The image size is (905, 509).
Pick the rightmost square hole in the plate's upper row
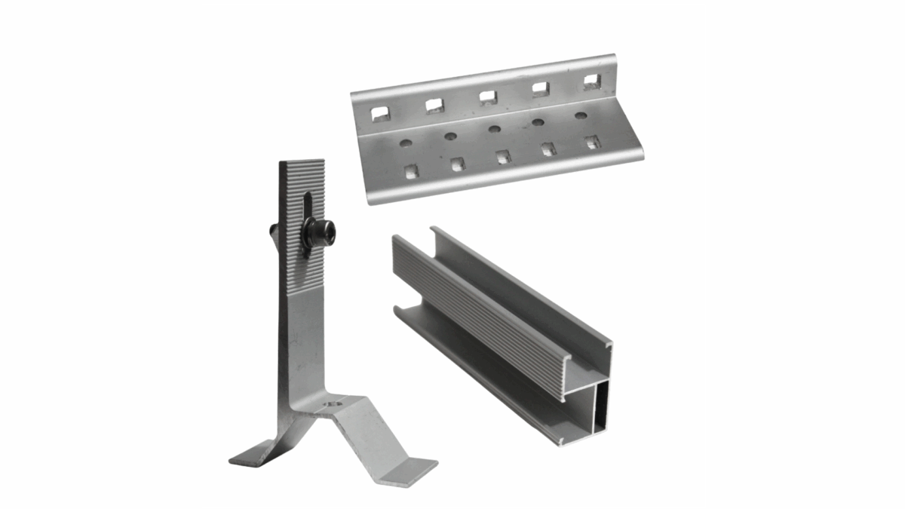click(591, 81)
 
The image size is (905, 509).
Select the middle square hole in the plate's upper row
click(488, 97)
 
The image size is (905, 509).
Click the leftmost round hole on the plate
click(406, 143)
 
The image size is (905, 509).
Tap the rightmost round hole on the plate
click(581, 115)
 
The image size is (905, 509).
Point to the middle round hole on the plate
click(494, 129)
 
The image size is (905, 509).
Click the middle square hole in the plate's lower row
click(503, 156)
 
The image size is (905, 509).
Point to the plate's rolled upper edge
click(483, 72)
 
